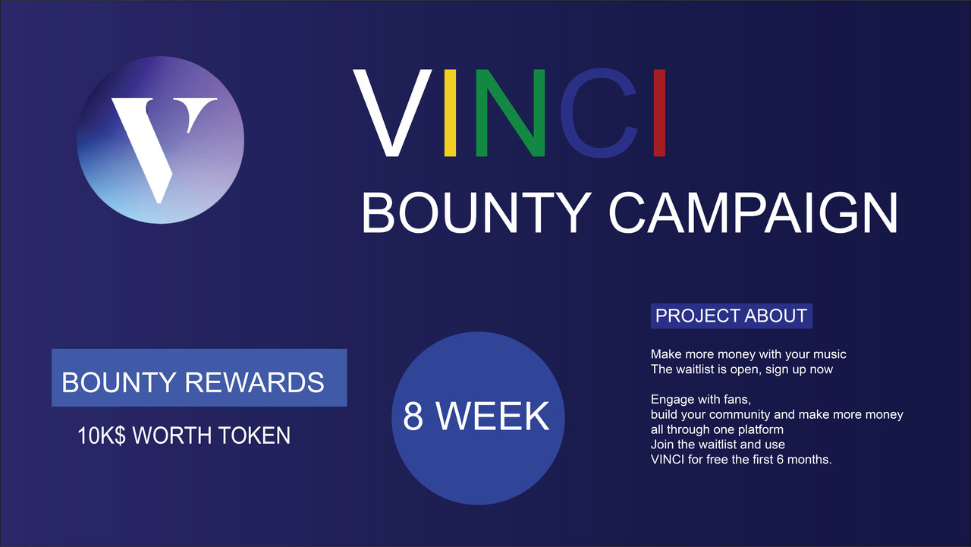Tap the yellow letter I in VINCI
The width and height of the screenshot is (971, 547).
(450, 113)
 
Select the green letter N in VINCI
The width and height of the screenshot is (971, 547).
(511, 113)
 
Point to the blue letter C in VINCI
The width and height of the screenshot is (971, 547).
(599, 113)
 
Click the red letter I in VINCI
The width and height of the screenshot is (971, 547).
(659, 113)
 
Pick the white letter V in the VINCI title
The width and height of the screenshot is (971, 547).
(393, 113)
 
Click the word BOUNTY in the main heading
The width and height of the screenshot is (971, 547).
(477, 213)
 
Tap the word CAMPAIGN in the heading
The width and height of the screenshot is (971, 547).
(753, 213)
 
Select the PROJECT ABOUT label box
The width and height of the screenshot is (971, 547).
(731, 316)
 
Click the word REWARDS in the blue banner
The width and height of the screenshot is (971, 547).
(254, 382)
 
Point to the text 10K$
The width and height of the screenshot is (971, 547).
(102, 435)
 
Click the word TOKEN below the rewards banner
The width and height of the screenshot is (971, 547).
(254, 435)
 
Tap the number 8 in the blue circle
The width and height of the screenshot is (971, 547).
(413, 416)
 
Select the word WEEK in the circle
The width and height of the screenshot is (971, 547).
(493, 416)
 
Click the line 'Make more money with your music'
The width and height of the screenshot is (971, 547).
(748, 354)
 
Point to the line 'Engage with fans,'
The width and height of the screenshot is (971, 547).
(700, 399)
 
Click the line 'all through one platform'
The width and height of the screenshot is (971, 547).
(717, 429)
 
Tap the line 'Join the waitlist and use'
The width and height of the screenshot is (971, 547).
(718, 445)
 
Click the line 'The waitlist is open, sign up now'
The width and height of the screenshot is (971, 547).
(742, 369)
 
